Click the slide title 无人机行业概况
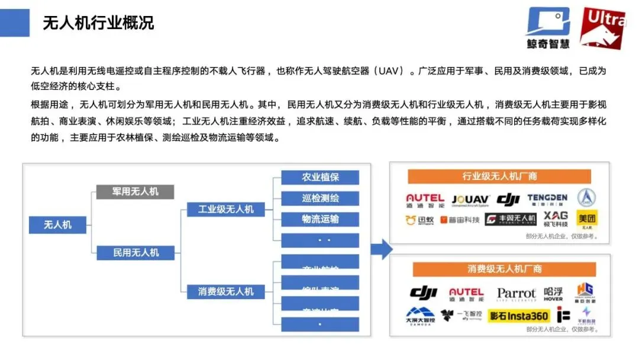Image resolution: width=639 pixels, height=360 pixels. coord(98,23)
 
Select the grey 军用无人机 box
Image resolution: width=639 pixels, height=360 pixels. coord(135,191)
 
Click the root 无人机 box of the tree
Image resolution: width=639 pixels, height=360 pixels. coord(58,225)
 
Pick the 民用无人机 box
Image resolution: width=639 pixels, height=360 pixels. coord(136,252)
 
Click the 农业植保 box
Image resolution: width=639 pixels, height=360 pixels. coord(320,177)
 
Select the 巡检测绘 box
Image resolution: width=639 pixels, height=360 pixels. coord(320,198)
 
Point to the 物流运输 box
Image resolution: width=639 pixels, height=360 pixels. coord(320,219)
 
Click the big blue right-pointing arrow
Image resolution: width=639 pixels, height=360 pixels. coord(382,249)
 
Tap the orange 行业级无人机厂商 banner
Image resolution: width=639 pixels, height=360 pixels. coord(499,176)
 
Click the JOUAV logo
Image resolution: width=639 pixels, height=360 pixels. coord(469,200)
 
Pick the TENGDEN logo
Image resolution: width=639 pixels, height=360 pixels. coord(547,199)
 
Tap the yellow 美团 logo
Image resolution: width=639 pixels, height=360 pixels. coord(587,219)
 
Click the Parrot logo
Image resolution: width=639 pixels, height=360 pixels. coord(516,294)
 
